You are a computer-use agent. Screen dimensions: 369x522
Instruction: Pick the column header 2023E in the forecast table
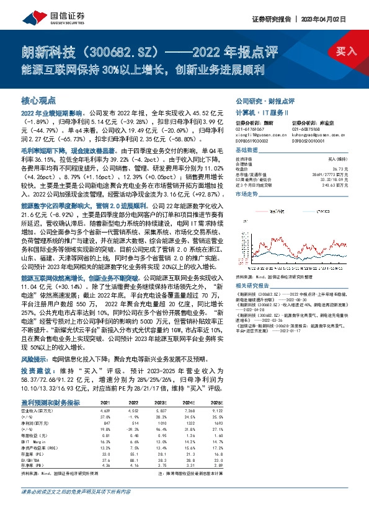[x=163, y=404]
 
